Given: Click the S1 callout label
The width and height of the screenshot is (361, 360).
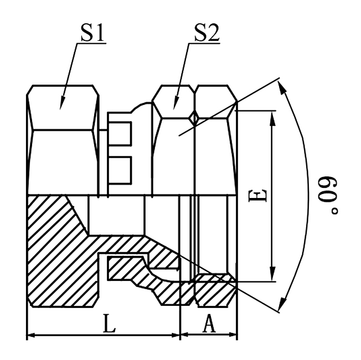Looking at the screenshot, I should click(93, 34).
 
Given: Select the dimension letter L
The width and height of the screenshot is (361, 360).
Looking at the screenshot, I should click(110, 324).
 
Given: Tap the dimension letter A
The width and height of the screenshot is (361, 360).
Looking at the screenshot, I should click(209, 324).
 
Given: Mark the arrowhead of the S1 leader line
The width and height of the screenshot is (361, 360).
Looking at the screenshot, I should click(61, 105).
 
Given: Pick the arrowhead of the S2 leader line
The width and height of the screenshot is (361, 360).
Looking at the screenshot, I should click(175, 105).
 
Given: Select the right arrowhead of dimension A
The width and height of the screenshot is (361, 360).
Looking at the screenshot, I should click(233, 335).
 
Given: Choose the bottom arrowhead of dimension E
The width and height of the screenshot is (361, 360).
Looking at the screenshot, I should click(272, 276).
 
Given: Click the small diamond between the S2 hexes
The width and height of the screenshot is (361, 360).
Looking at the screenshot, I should click(194, 117).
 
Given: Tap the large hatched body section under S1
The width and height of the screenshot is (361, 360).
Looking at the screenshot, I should click(55, 249).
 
